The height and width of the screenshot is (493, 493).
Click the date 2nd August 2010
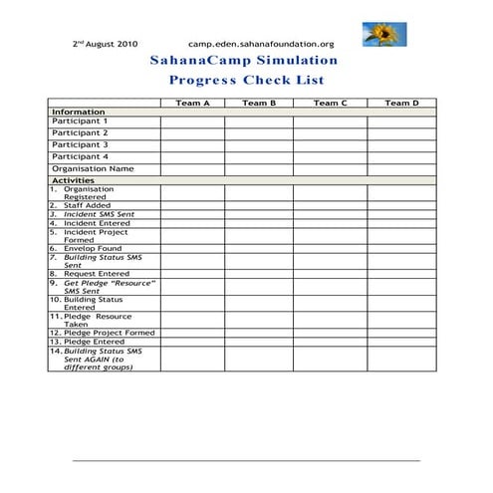[x=106, y=44]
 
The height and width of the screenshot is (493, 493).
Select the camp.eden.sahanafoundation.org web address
[x=261, y=44]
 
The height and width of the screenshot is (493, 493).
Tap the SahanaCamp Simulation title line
[x=244, y=61]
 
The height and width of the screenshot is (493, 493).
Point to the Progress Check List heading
[x=244, y=80]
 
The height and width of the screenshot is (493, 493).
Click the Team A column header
[x=192, y=103]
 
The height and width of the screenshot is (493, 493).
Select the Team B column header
[x=259, y=103]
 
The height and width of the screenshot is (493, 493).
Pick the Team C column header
[x=330, y=103]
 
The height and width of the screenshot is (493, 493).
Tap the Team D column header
[x=401, y=103]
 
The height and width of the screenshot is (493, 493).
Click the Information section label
[x=78, y=112]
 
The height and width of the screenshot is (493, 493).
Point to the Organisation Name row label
[x=93, y=168]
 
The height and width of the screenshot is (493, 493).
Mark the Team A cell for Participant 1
[x=192, y=122]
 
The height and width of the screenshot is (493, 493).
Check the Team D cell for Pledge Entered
[x=401, y=342]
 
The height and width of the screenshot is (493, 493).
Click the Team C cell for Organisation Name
[x=330, y=168]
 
